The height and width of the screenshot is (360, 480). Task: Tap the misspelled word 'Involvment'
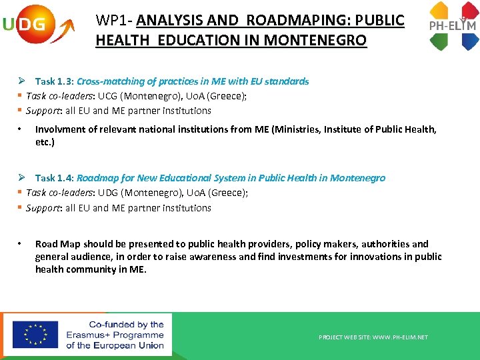click(59, 129)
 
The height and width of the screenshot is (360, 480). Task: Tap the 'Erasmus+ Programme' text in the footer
click(115, 335)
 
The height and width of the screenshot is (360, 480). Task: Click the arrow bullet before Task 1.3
click(22, 81)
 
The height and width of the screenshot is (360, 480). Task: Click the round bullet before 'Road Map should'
click(21, 244)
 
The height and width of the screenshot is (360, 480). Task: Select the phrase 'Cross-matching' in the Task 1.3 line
click(109, 81)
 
